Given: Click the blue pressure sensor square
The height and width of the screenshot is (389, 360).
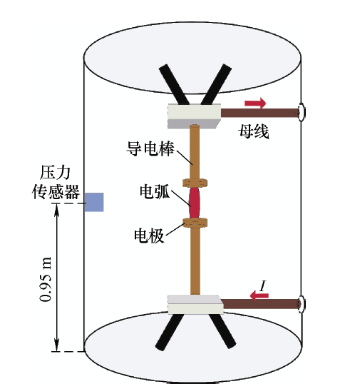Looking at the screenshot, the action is tap(94, 202).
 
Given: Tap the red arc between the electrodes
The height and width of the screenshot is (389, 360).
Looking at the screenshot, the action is tap(195, 203).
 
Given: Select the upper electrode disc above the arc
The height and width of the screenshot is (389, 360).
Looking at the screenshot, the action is tap(195, 183).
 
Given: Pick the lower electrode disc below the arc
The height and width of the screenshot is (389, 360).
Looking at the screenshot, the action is tap(195, 223).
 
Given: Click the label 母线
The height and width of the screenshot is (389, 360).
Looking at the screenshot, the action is tap(254, 131).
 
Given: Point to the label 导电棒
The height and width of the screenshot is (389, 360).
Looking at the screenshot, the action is tap(150, 148).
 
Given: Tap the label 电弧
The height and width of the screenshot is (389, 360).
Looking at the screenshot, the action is tap(155, 191).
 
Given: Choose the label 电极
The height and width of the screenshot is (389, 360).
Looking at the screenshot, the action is tap(149, 236).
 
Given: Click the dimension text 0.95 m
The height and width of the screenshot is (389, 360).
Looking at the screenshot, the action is tap(46, 280).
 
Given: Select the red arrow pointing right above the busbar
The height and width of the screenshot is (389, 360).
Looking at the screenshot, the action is tap(255, 103).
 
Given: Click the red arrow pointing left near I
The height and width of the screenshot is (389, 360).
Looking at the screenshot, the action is tap(259, 295).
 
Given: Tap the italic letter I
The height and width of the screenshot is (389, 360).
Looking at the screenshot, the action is tap(262, 286).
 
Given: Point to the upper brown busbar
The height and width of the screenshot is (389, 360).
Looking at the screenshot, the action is tap(260, 113).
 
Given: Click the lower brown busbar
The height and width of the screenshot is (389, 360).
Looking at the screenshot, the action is tap(262, 303).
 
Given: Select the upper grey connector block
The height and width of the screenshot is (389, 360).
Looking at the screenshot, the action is tap(194, 116).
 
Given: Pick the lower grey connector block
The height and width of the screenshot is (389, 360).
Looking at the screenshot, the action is tap(195, 304).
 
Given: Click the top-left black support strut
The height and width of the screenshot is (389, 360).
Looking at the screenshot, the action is tap(174, 84).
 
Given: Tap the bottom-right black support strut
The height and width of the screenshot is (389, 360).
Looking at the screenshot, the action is tap(222, 331).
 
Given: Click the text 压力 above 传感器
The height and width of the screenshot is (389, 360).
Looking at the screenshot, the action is tap(55, 173).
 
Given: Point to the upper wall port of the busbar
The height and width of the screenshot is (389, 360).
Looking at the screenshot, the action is tap(302, 112).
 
